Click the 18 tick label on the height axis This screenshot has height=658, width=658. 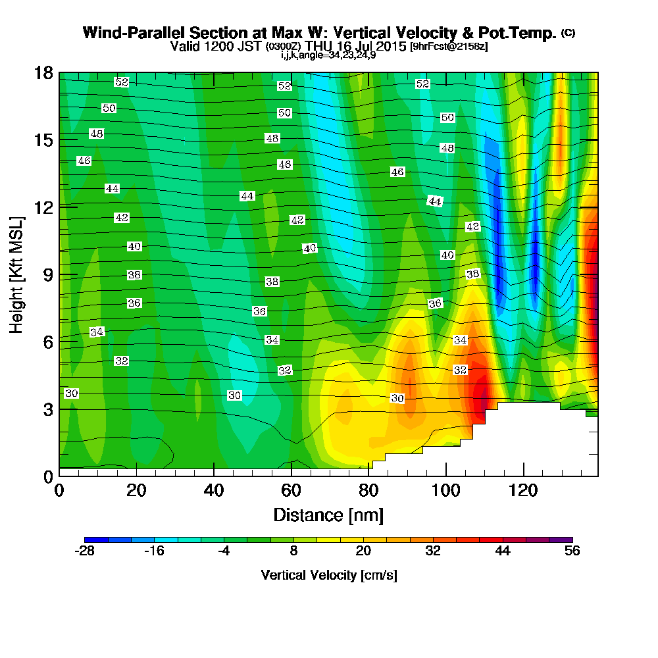(43, 72)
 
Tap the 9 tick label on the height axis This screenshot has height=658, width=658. (47, 274)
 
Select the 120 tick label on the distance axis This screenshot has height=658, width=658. (523, 491)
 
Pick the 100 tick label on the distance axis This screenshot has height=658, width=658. (445, 491)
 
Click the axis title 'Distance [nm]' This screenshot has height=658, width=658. (328, 515)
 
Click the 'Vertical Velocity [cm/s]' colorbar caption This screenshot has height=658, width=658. (328, 575)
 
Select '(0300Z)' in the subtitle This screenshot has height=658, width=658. (284, 47)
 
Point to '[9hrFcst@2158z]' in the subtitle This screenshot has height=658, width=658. (448, 47)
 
